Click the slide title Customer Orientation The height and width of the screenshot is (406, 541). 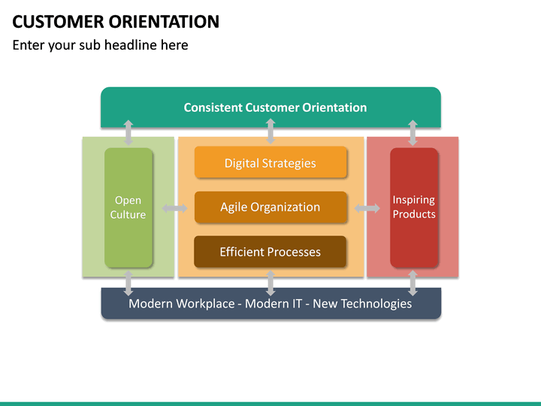[x=116, y=21]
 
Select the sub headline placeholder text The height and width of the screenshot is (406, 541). [x=100, y=45]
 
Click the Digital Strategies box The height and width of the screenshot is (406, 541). [x=270, y=163]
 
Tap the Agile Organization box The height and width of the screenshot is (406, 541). [x=270, y=208]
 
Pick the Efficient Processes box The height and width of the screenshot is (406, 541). [x=270, y=252]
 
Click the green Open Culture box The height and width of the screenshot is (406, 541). [x=128, y=208]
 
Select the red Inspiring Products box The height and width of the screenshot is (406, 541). [x=413, y=208]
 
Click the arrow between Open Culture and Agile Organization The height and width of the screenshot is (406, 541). [x=175, y=208]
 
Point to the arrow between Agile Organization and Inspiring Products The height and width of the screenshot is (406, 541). [x=367, y=208]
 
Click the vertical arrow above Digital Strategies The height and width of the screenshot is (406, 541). [x=270, y=132]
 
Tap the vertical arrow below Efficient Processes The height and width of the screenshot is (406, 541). [x=270, y=283]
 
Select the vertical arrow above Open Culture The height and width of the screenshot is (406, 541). [x=128, y=132]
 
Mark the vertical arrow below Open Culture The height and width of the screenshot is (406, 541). [x=128, y=283]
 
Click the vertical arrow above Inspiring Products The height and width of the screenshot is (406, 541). [x=413, y=132]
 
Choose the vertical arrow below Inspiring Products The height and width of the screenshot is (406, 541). [x=413, y=283]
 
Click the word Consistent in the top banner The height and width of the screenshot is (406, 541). [x=213, y=108]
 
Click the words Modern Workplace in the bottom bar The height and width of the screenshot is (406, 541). [x=181, y=304]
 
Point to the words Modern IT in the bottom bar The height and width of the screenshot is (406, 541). [x=274, y=304]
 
